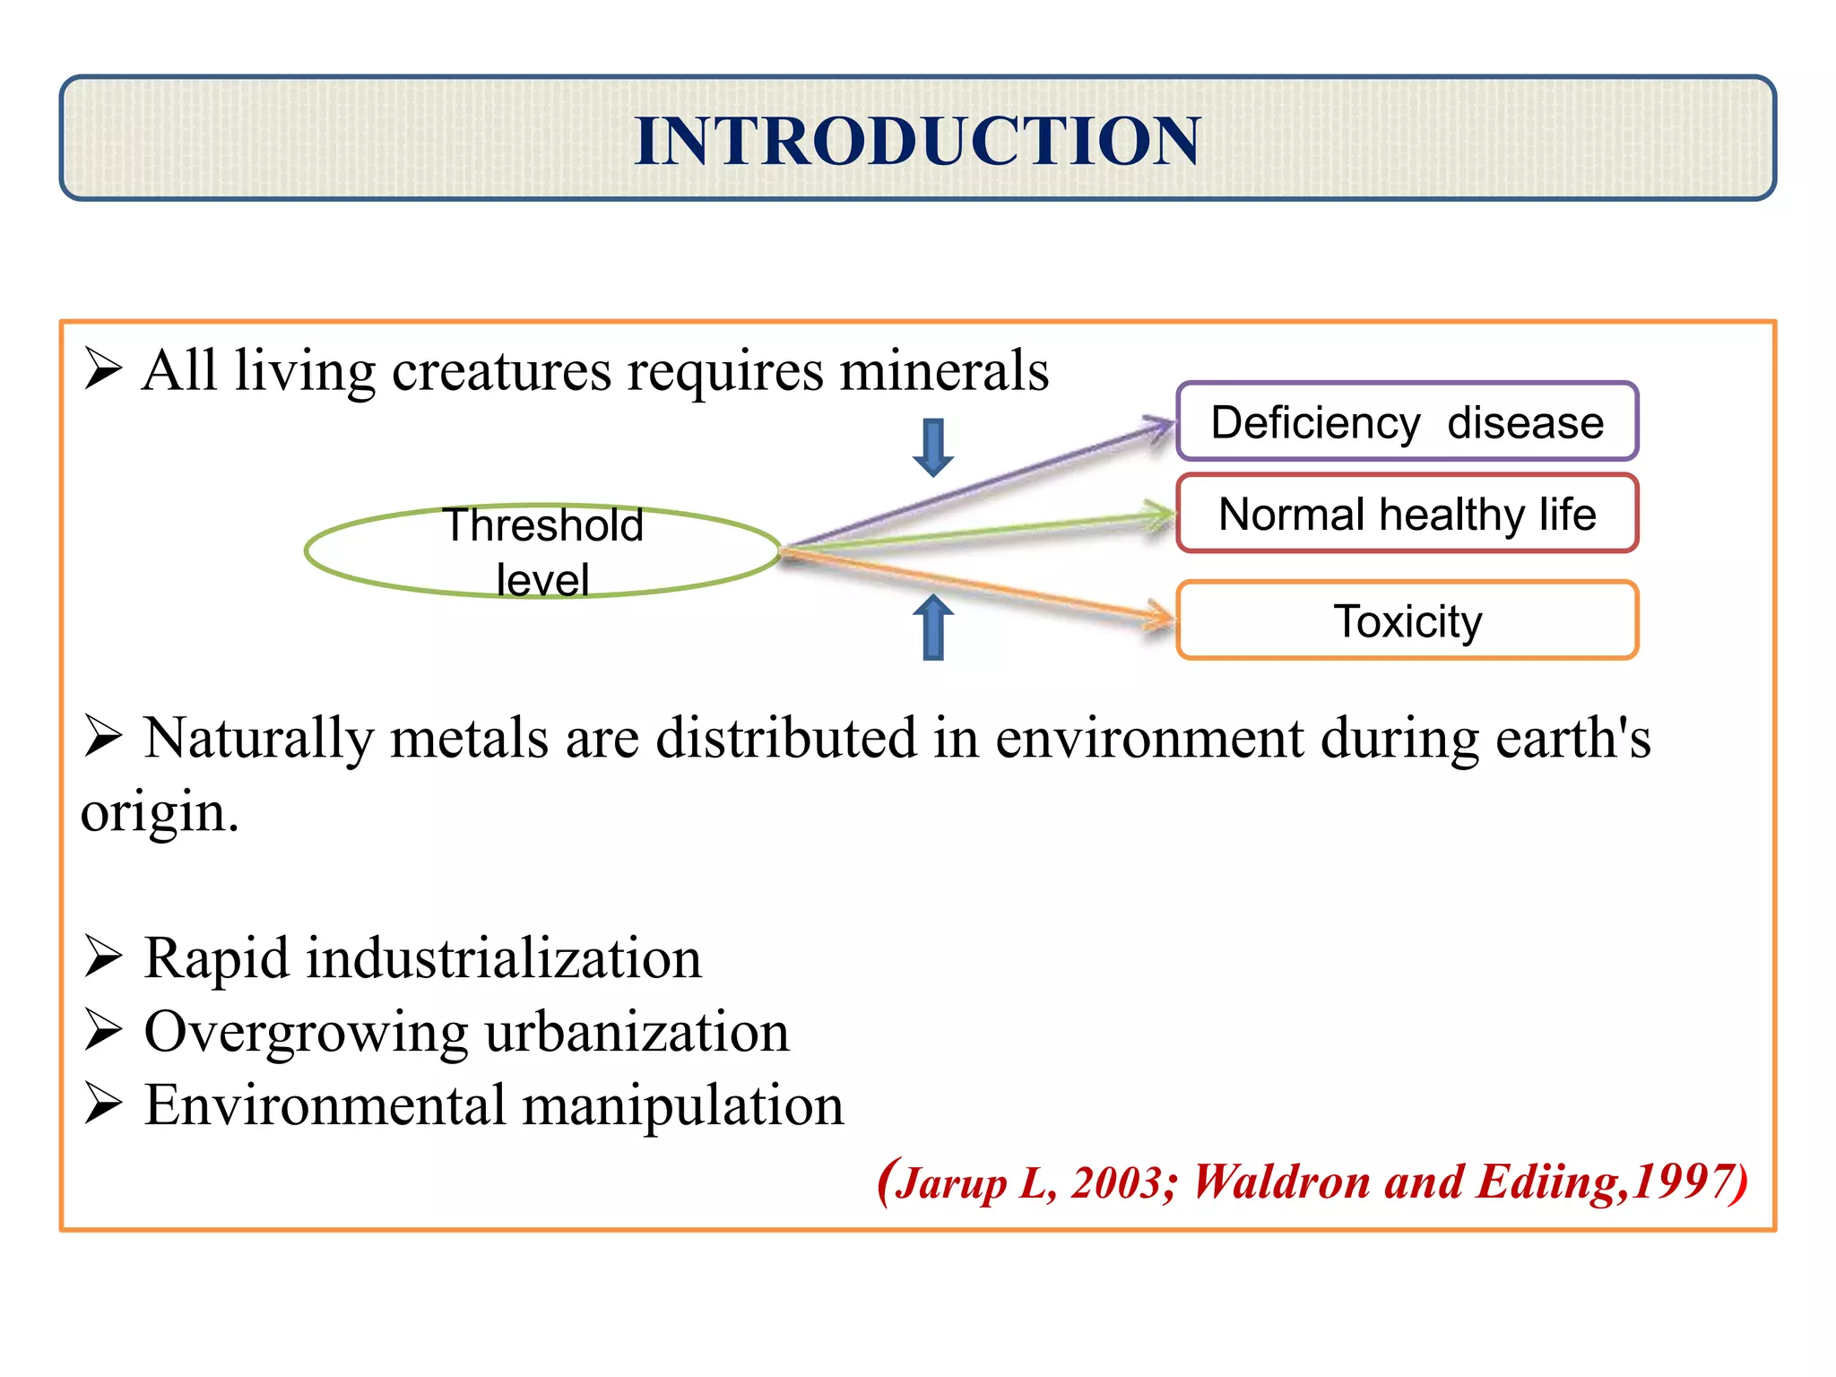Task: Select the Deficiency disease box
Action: pyautogui.click(x=1407, y=422)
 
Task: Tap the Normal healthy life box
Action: pyautogui.click(x=1407, y=515)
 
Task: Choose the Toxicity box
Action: pyautogui.click(x=1407, y=621)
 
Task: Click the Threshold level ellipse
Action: pyautogui.click(x=542, y=550)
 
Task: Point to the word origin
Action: pyautogui.click(x=158, y=813)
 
